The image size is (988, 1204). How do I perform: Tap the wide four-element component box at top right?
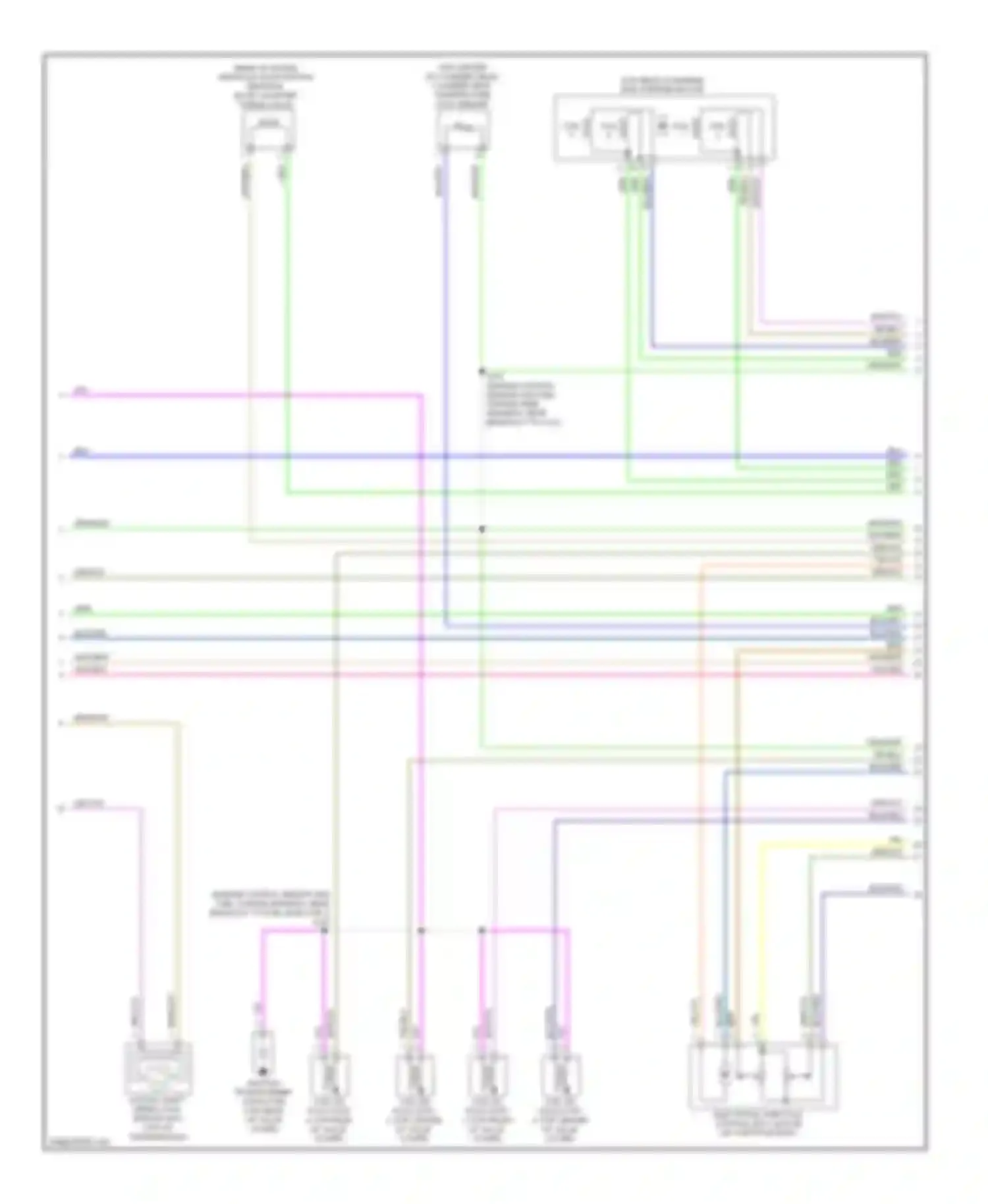tap(664, 128)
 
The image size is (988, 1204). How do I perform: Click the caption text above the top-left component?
tap(266, 86)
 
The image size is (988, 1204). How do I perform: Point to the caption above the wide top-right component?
tap(663, 85)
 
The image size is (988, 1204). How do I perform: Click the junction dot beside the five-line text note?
tap(481, 371)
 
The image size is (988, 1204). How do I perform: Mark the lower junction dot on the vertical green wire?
tap(481, 529)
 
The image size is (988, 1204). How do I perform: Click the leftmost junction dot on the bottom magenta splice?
tap(324, 930)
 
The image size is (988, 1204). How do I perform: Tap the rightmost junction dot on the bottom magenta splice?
tap(481, 930)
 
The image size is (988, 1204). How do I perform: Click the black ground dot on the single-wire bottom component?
tap(262, 1072)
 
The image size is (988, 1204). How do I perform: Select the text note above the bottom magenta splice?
tap(269, 905)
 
